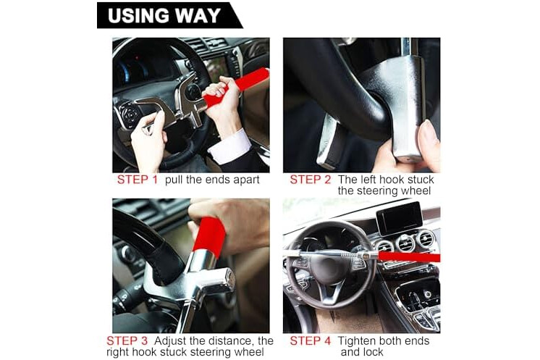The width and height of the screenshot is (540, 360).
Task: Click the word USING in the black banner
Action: (138, 15)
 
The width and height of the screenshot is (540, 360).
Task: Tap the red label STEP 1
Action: (138, 180)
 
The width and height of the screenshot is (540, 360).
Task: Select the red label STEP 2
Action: (311, 180)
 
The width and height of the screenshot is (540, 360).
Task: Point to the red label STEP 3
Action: (127, 340)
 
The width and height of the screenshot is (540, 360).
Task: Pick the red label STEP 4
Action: (311, 340)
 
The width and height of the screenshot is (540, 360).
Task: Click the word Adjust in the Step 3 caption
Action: (170, 341)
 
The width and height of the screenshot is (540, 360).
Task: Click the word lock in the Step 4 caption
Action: (372, 352)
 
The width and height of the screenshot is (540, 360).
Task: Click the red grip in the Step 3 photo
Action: (209, 234)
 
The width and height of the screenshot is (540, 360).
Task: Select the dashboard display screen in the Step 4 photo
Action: (400, 218)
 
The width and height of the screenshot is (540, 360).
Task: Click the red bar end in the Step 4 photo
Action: (409, 256)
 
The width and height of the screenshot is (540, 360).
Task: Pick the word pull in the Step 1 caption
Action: (174, 180)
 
